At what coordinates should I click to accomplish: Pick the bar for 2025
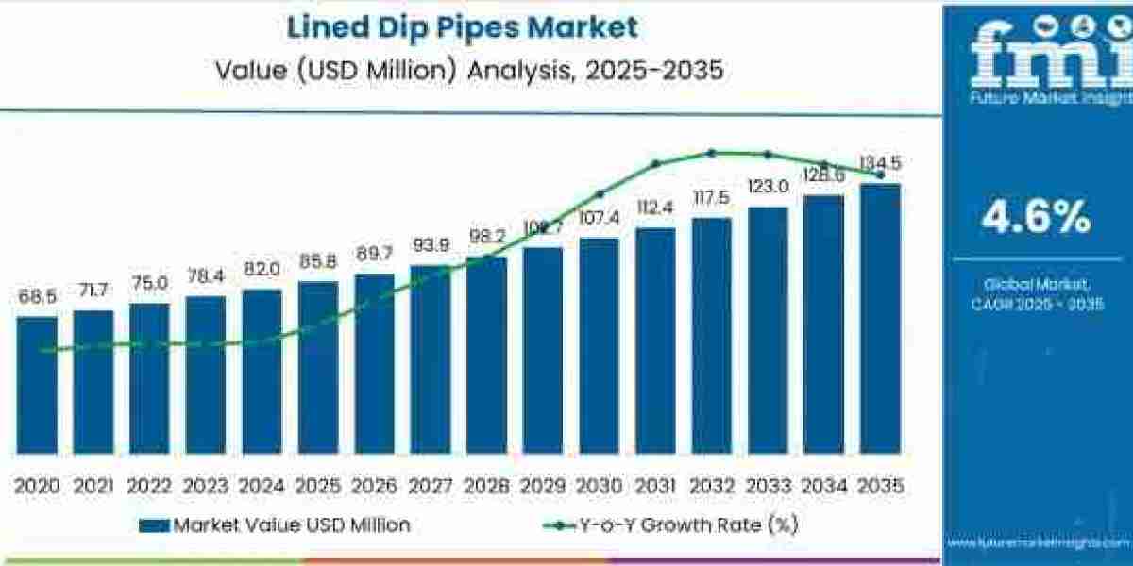pos(318,367)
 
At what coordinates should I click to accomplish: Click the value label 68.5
pos(37,297)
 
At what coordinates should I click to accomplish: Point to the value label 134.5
pos(880,164)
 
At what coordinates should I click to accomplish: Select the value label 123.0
pos(768,187)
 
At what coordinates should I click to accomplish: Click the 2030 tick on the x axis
pos(599,486)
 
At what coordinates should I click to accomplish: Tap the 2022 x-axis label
pos(149,486)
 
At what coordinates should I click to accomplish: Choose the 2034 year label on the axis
pos(823,486)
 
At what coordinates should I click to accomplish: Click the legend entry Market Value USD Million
pos(275,525)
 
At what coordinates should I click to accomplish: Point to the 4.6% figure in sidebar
pos(1036,219)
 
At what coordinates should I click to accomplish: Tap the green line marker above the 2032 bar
pos(712,153)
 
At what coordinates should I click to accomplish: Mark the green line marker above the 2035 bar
pos(880,175)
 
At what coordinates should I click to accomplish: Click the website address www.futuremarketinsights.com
pos(1039,544)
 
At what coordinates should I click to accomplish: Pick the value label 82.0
pos(262,269)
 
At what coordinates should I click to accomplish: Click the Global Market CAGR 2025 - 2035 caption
pos(1037,293)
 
